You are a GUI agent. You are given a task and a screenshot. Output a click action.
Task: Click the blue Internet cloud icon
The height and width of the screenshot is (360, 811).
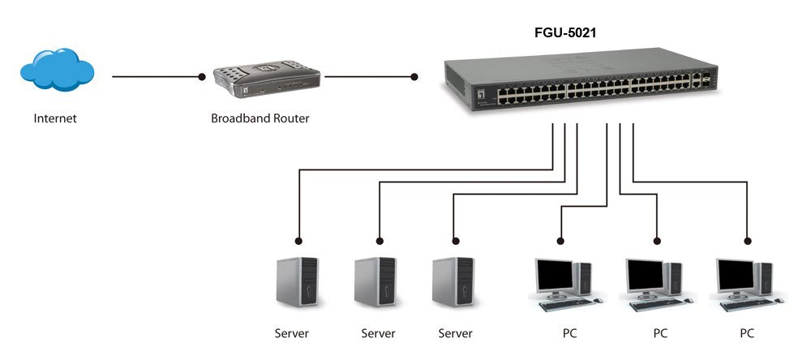57,70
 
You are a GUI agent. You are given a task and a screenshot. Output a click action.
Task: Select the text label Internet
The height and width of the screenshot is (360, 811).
55,118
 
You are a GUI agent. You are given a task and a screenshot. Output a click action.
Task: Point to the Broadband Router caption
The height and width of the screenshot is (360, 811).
260,118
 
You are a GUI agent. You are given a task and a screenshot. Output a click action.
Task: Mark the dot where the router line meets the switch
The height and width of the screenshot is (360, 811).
414,78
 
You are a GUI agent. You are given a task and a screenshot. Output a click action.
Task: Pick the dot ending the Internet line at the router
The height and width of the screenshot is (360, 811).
202,78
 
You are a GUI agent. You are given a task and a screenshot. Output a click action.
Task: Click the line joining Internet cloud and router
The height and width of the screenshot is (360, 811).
154,78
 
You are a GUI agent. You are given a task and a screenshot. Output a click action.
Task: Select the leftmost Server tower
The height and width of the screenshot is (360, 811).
298,281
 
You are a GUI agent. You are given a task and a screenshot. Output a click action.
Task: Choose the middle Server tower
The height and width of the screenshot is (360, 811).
376,281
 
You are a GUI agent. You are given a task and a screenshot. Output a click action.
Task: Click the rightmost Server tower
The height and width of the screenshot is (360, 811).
453,281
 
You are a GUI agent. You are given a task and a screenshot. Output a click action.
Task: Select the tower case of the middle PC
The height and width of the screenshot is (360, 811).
674,278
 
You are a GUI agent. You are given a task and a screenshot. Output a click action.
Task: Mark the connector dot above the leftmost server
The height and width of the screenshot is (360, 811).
299,241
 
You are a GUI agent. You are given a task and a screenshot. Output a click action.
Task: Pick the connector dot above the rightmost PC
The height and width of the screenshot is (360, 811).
747,241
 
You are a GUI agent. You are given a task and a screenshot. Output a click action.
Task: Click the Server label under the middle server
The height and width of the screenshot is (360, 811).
378,333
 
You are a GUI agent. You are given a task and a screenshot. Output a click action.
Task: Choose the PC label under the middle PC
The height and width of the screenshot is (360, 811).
660,333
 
